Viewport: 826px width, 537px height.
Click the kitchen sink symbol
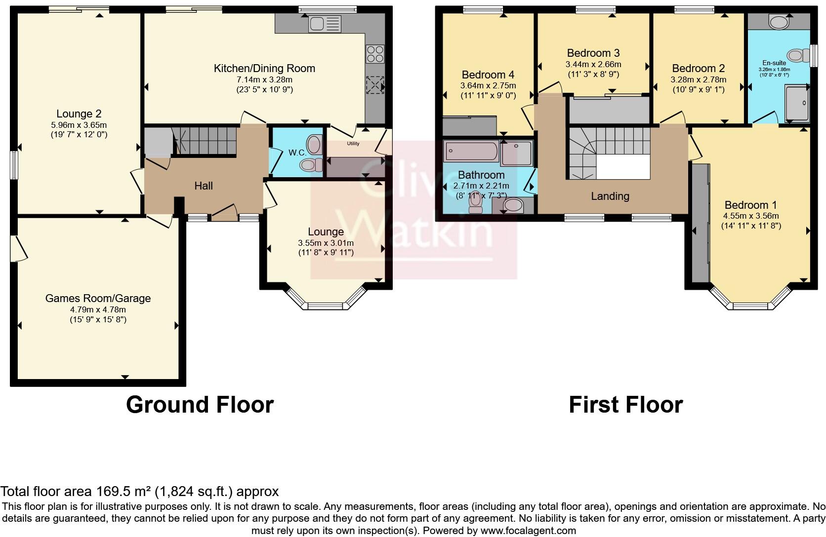[325, 24]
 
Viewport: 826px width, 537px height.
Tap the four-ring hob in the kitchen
[375, 53]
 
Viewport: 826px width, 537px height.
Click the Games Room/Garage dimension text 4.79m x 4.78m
[98, 309]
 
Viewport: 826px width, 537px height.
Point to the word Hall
[204, 186]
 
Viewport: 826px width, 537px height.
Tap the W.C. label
[297, 153]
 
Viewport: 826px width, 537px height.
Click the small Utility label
[353, 144]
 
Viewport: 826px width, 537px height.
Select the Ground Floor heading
[200, 404]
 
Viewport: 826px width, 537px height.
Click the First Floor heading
[625, 404]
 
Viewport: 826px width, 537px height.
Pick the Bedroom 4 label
[488, 75]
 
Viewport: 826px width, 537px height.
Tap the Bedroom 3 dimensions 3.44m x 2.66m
[593, 64]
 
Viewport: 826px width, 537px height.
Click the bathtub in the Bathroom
[471, 151]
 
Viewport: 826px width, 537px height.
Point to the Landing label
[610, 196]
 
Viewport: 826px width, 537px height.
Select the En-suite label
[774, 63]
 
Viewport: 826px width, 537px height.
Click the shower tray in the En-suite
[797, 104]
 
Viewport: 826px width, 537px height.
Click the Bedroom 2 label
[698, 68]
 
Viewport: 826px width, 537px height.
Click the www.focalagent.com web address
[528, 531]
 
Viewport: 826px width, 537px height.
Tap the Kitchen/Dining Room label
[264, 68]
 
